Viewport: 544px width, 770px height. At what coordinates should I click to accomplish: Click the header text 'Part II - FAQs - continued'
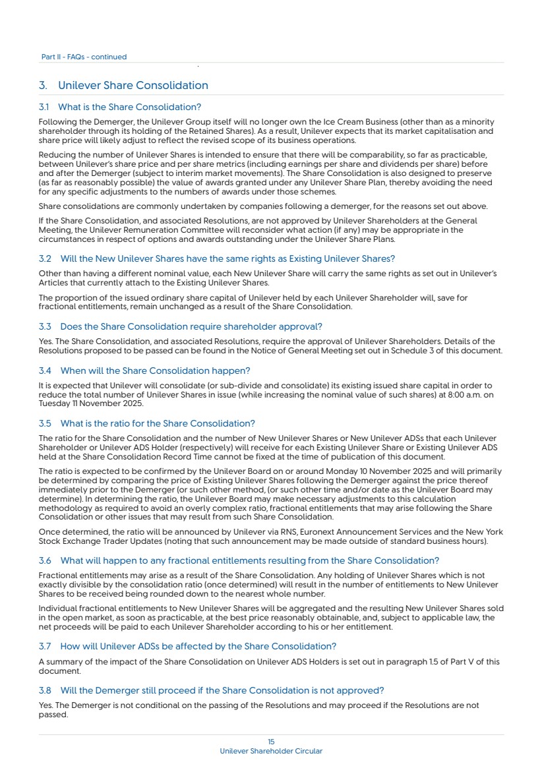coord(84,57)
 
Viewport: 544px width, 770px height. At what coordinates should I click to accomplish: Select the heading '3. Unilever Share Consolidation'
coord(123,86)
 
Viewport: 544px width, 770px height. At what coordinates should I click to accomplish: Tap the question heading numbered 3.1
coord(119,107)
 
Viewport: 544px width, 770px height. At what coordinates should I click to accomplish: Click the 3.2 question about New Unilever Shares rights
coord(216,258)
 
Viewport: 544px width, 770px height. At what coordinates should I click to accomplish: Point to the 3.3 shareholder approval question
coord(180,326)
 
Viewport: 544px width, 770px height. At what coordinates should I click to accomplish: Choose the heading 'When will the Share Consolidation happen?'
coord(155,370)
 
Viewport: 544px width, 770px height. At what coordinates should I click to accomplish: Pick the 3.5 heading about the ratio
coord(146,423)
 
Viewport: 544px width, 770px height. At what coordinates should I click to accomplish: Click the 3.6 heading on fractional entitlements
coord(239,560)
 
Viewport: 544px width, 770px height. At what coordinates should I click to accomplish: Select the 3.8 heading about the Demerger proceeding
coord(211,690)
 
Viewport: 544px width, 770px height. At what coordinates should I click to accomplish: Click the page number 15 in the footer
coord(271,742)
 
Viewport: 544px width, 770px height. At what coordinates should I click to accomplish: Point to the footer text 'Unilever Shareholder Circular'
coord(271,751)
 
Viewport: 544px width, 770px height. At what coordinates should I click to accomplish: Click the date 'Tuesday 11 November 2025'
coord(90,403)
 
